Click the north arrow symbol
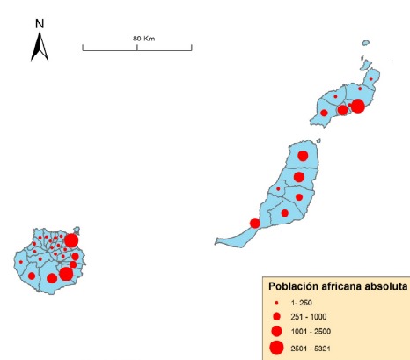tap(40, 46)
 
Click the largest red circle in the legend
tap(276, 349)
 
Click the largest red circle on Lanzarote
tap(358, 107)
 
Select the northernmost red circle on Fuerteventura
tap(304, 156)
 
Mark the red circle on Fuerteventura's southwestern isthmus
tap(255, 224)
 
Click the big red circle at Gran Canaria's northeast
tap(71, 240)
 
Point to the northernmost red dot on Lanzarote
tap(372, 78)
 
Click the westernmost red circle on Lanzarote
tap(324, 113)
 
